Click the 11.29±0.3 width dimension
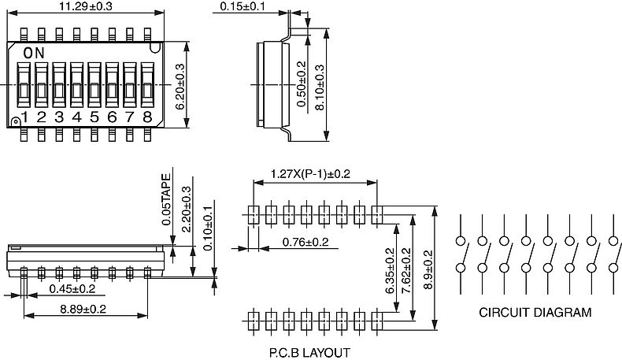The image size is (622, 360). click(86, 6)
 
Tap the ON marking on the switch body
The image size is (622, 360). click(34, 53)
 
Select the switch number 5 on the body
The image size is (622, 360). click(94, 117)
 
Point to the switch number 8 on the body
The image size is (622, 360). click(147, 117)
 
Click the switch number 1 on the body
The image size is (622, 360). click(24, 117)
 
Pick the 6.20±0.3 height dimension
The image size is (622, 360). click(180, 87)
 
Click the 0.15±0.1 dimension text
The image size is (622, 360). click(243, 6)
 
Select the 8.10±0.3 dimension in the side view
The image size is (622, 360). click(320, 87)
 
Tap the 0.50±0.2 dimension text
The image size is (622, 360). click(302, 84)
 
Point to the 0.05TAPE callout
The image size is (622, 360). click(167, 199)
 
